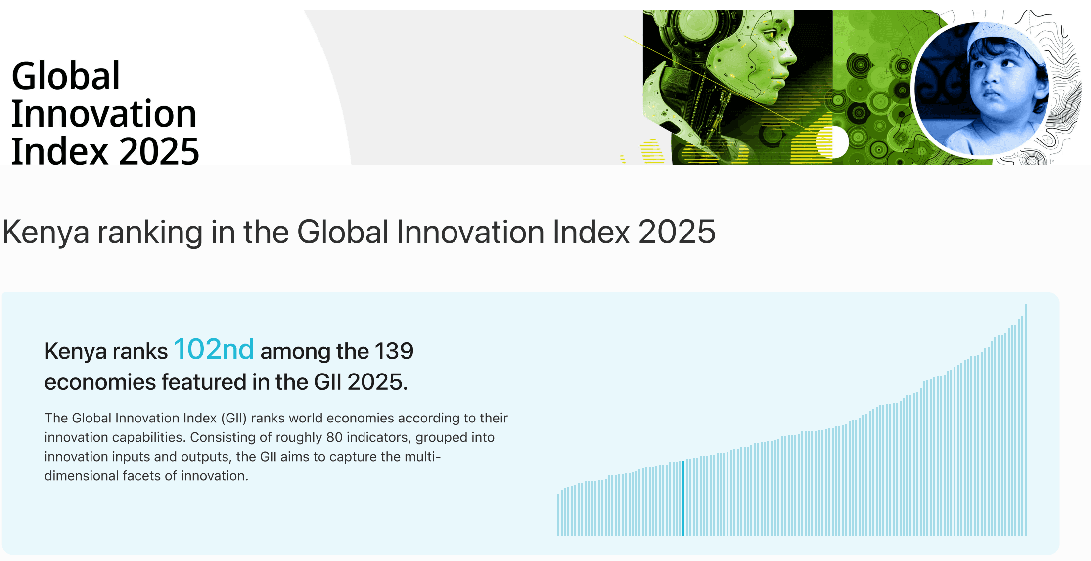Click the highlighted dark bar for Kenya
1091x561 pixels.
(683, 498)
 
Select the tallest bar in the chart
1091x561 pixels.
(1025, 421)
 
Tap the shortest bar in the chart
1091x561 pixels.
(558, 514)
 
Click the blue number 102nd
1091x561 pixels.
(214, 349)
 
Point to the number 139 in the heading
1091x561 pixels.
(394, 351)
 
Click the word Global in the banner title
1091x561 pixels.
(66, 76)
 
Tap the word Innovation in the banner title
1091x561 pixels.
(104, 114)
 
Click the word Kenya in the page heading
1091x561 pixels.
(45, 232)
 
